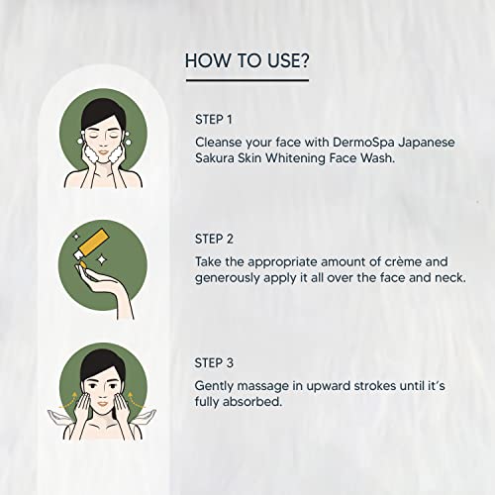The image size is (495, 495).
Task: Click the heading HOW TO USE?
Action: tap(247, 61)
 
